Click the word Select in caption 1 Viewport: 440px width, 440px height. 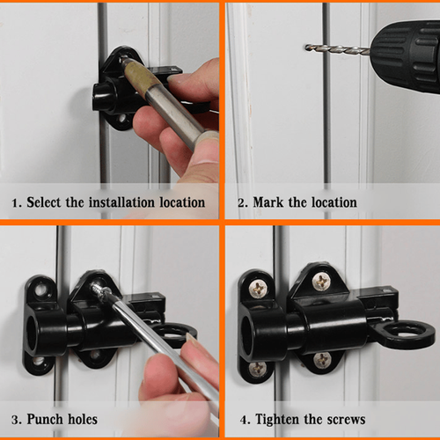pyautogui.click(x=47, y=202)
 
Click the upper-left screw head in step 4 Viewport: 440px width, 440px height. pyautogui.click(x=257, y=288)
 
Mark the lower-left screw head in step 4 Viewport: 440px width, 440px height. pyautogui.click(x=257, y=369)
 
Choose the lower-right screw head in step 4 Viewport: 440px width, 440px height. pyautogui.click(x=322, y=359)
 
